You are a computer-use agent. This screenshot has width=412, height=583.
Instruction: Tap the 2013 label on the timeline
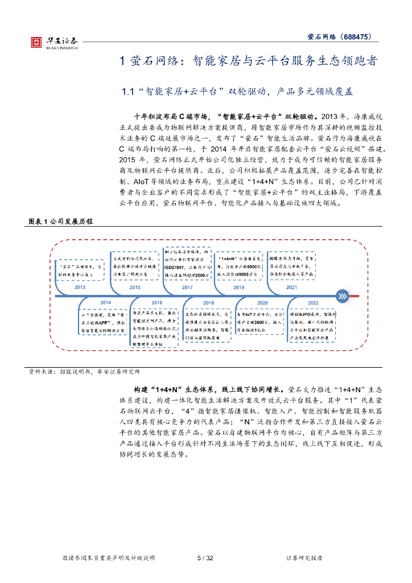point(80,288)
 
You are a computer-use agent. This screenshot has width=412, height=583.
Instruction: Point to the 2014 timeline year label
point(106,302)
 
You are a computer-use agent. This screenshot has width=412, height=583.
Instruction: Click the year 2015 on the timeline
point(135,288)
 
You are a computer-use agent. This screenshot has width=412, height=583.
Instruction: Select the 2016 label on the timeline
point(157,302)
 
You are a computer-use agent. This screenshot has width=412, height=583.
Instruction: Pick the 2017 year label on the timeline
point(187,288)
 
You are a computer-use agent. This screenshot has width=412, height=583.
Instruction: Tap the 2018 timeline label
point(209,302)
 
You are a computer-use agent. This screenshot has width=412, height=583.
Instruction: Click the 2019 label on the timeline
point(239,288)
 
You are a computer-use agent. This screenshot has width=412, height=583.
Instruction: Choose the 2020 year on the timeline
point(262,302)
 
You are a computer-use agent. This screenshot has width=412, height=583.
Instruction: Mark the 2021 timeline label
point(291,288)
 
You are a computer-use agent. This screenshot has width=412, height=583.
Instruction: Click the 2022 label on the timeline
point(314,302)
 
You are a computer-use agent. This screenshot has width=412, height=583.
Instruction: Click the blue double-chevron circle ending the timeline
point(342,295)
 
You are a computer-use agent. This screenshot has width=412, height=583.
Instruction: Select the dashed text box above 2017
point(187,264)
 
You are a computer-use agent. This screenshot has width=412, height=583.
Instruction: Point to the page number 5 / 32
point(205,558)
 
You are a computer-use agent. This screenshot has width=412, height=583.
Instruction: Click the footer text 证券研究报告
point(304,558)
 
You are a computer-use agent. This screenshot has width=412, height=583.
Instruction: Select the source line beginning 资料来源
point(84,372)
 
